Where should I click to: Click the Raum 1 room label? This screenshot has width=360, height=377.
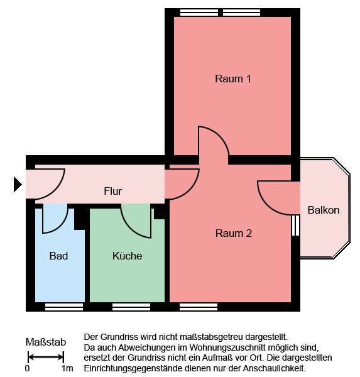(233, 79)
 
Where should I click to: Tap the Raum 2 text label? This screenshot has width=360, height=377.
(233, 233)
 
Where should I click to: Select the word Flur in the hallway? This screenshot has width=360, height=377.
(112, 191)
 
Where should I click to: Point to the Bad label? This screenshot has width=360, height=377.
(58, 256)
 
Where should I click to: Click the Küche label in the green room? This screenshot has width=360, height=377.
(127, 256)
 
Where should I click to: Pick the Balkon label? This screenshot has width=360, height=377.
(324, 210)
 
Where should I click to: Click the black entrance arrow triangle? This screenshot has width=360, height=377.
(18, 184)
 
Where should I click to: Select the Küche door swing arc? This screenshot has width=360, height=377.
(136, 221)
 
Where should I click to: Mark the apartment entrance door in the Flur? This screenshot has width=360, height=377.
(50, 183)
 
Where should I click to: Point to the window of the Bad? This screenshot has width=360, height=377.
(63, 307)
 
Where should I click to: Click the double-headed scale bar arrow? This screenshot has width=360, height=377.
(45, 357)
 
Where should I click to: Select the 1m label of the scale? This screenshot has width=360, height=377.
(67, 369)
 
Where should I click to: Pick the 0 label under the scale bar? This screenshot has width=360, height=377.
(28, 369)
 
